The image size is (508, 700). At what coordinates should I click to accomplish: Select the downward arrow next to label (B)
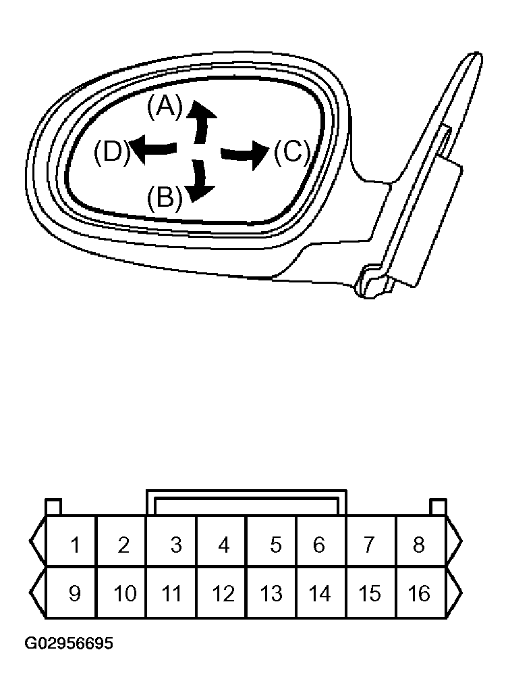199,181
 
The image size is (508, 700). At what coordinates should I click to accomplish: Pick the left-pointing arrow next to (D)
153,149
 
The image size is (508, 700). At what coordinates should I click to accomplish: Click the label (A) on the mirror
165,107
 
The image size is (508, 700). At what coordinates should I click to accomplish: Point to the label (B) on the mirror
164,198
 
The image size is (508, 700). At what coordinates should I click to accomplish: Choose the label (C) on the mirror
291,153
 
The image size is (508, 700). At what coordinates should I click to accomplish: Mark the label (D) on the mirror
111,152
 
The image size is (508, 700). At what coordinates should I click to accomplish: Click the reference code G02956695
69,643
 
